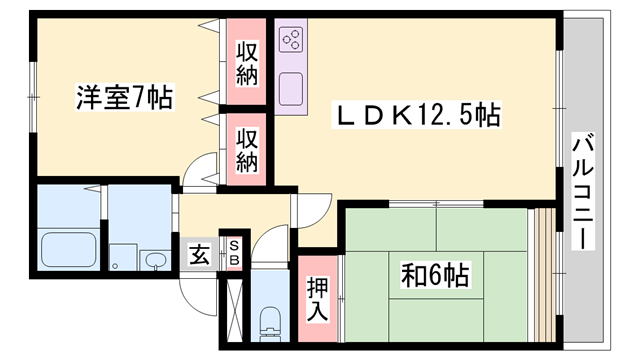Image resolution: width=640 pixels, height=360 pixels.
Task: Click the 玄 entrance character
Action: click(x=199, y=255)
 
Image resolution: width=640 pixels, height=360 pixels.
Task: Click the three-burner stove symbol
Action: click(x=294, y=41)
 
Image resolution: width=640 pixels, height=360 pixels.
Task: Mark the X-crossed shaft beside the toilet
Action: click(x=234, y=304)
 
